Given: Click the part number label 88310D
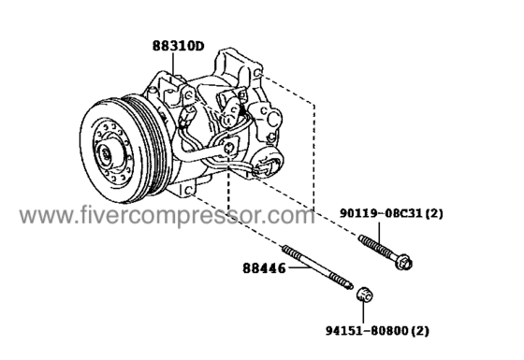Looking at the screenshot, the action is (x=178, y=46).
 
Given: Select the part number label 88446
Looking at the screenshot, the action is (x=264, y=268).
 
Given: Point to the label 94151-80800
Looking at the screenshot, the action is (x=367, y=331).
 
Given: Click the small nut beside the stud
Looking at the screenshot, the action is (x=364, y=294).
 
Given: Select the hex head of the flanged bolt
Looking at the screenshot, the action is (x=403, y=262).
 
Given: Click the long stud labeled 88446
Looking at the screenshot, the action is (x=317, y=267).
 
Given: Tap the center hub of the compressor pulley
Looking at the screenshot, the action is (x=108, y=154).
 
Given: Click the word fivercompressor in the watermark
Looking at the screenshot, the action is (x=186, y=216).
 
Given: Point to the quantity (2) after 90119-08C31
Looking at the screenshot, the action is (x=434, y=213).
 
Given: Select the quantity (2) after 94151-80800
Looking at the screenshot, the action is (x=420, y=331).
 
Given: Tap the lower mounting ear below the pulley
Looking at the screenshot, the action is (x=187, y=190).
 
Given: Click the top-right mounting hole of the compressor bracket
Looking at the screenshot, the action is (x=257, y=73).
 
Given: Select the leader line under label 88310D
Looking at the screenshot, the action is (x=174, y=64).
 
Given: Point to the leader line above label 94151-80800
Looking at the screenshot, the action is (x=363, y=312).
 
